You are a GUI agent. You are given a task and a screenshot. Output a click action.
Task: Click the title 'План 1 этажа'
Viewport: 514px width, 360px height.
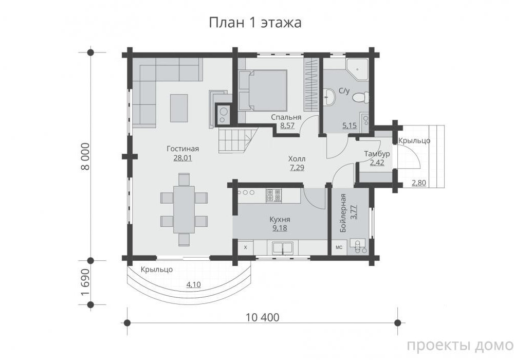point(255,23)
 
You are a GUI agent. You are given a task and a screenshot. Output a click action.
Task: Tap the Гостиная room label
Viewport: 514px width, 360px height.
point(182,149)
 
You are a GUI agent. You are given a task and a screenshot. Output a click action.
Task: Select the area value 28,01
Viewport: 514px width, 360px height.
point(182,158)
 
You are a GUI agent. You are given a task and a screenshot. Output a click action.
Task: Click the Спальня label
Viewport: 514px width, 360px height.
point(286,117)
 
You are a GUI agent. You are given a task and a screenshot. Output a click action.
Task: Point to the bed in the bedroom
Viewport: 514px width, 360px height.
point(263,91)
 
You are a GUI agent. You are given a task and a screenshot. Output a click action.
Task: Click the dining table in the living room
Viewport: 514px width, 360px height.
point(184,209)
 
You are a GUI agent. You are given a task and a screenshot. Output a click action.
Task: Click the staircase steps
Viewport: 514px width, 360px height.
point(237,140)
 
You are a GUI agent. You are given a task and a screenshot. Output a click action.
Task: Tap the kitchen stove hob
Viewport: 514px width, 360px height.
point(274,195)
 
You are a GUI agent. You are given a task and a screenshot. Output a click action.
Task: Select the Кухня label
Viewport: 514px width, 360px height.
point(280,220)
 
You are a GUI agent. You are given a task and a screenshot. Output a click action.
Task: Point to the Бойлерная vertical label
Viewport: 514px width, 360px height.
point(343,213)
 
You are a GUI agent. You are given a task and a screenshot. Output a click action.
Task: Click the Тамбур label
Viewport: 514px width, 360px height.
point(377,154)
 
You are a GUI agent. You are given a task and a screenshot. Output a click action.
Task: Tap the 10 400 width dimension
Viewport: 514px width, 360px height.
point(263,317)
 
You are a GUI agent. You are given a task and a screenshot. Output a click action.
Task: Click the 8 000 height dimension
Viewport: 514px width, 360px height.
point(85,156)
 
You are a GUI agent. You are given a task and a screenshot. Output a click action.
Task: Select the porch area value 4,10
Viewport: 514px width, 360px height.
point(193,284)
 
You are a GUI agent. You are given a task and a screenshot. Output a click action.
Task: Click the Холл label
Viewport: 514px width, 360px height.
point(297,159)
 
